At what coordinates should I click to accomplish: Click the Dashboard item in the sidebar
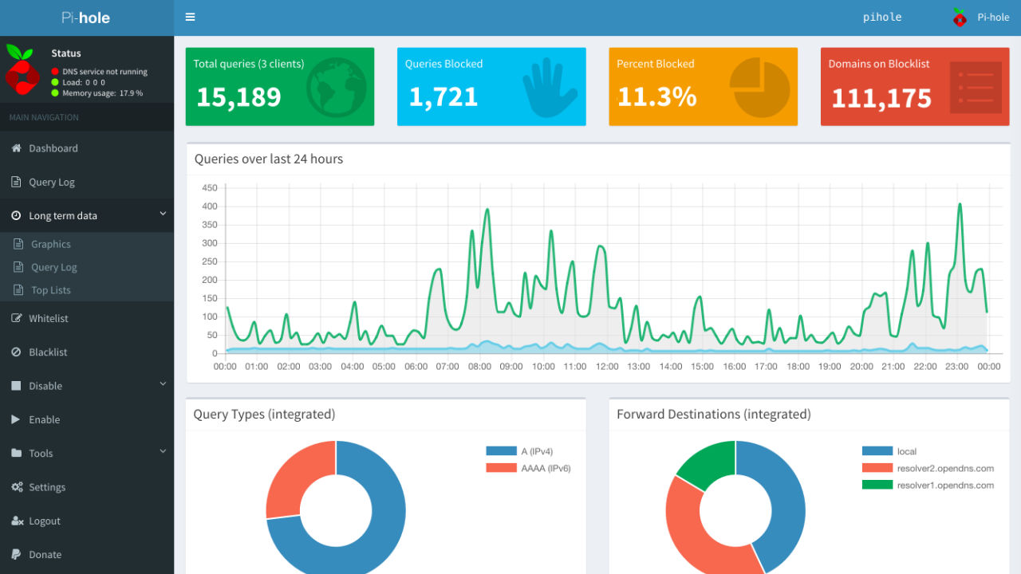pos(53,148)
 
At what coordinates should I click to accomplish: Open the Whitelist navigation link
pos(48,318)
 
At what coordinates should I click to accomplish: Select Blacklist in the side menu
pos(48,352)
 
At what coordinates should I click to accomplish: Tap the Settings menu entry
pos(47,487)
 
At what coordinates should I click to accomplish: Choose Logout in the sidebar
pos(44,521)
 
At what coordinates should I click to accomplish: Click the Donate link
pos(45,555)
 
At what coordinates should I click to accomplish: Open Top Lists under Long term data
pos(51,290)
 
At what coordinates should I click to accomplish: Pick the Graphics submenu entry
pos(51,244)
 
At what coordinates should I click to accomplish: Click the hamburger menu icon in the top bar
pos(190,17)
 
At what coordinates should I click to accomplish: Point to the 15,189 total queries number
pos(238,97)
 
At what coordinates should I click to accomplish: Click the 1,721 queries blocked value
pos(443,97)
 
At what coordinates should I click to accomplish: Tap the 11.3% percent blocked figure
pos(656,97)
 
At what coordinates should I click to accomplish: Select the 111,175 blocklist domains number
pos(881,99)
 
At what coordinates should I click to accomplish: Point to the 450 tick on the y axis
pos(210,188)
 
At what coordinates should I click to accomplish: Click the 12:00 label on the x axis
pos(607,367)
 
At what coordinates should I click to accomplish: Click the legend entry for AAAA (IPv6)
pos(546,468)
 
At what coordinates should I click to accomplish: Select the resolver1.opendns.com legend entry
pos(945,485)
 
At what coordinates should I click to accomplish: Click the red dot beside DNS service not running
pos(55,72)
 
